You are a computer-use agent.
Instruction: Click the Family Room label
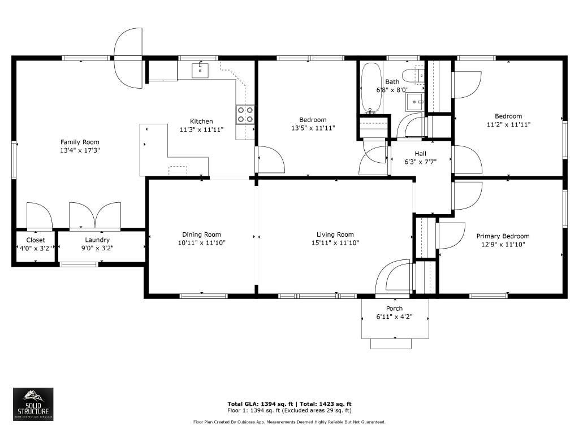coord(80,142)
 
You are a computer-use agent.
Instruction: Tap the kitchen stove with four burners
coord(245,114)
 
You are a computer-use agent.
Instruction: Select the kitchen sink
coord(200,71)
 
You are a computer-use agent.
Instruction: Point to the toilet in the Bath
coord(413,76)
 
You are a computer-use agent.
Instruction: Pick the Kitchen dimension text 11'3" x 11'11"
coord(202,129)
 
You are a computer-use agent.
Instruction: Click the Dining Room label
coord(202,235)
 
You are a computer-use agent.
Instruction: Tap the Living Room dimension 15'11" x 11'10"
coord(335,243)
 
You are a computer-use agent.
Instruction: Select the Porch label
coord(394,309)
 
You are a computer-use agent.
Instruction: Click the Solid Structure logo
coord(33,404)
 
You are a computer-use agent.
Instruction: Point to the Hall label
coord(420,154)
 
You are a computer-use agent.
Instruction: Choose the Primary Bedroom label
coord(503,236)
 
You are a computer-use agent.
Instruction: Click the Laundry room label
coord(97,240)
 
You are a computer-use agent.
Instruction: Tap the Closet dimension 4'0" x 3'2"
coord(36,249)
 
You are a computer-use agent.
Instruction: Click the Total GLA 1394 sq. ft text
coord(260,404)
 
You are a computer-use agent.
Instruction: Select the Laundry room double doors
coord(95,215)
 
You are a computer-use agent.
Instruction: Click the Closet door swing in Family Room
coord(40,215)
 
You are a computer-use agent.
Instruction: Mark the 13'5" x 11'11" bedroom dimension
coord(313,128)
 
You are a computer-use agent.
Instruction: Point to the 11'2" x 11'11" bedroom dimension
coord(508,125)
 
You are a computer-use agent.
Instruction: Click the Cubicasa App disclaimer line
coord(289,422)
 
